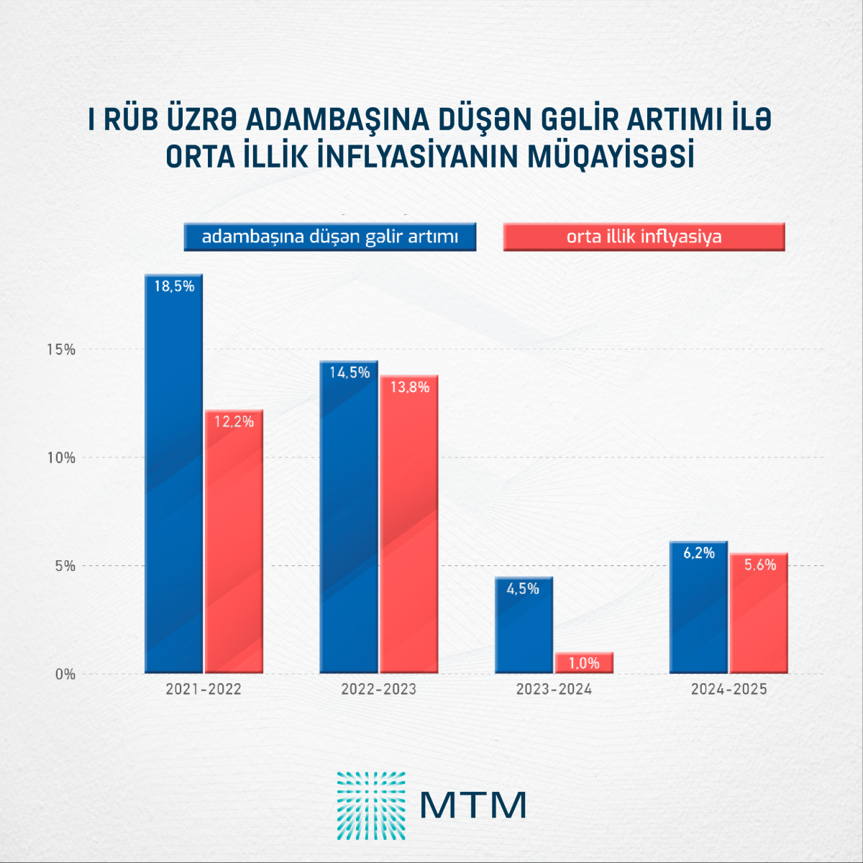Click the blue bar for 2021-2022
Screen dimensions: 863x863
click(174, 475)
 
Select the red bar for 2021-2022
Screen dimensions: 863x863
click(234, 543)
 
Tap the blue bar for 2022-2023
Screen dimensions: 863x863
click(349, 518)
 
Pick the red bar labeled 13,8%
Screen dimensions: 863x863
click(409, 525)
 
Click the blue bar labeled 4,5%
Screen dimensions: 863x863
click(524, 626)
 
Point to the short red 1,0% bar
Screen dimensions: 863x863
click(583, 663)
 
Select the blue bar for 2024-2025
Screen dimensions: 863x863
click(699, 608)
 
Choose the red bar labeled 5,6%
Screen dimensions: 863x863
click(759, 613)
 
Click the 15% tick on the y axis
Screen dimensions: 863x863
click(61, 350)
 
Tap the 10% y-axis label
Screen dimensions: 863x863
click(61, 458)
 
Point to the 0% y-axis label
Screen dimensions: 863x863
click(65, 675)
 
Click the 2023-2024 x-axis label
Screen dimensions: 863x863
click(554, 690)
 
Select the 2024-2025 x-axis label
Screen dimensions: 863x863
click(729, 690)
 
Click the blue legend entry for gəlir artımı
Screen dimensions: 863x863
click(330, 237)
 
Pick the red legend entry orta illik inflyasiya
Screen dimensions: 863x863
click(644, 237)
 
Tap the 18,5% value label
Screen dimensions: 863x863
click(174, 286)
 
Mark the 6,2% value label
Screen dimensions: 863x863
click(699, 553)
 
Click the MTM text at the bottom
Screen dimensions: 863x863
click(473, 805)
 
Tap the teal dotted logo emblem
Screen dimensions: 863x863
click(371, 805)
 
